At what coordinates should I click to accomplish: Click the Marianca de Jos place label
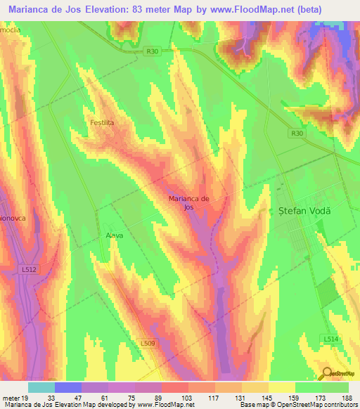pyautogui.click(x=188, y=203)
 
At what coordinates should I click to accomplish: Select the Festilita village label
pyautogui.click(x=102, y=122)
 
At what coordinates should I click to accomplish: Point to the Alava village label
pyautogui.click(x=114, y=235)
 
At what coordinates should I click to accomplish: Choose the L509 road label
pyautogui.click(x=147, y=343)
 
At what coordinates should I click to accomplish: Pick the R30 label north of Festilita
pyautogui.click(x=154, y=51)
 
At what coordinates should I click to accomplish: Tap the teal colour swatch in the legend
pyautogui.click(x=41, y=387)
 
